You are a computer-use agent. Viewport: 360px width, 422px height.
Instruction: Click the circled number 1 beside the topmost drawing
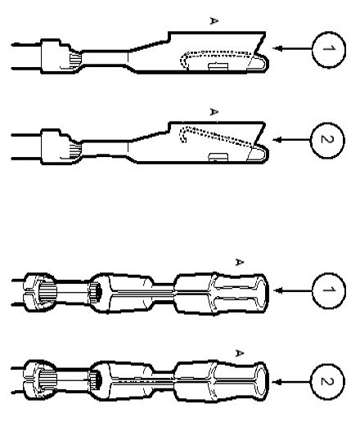point(329,49)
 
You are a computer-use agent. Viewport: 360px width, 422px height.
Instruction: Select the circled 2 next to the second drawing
point(327,140)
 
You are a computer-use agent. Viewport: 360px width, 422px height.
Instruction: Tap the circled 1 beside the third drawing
point(329,290)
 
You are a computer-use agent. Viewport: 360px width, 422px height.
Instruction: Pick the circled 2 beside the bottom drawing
point(327,382)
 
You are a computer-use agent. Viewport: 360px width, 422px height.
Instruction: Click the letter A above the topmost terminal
point(214,20)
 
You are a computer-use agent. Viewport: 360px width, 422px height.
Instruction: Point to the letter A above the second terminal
point(214,111)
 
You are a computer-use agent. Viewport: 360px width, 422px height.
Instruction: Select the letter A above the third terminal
point(239,262)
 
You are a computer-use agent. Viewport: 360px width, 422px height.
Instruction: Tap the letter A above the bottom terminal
point(239,353)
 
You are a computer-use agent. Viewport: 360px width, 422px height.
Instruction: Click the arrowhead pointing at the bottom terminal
point(277,382)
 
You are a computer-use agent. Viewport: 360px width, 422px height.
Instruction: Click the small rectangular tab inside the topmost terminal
point(218,67)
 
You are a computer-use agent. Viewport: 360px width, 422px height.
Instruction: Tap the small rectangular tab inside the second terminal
point(218,157)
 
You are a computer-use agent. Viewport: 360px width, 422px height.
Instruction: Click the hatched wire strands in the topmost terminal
point(75,61)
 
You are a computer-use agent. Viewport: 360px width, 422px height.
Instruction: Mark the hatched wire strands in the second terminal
point(76,150)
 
